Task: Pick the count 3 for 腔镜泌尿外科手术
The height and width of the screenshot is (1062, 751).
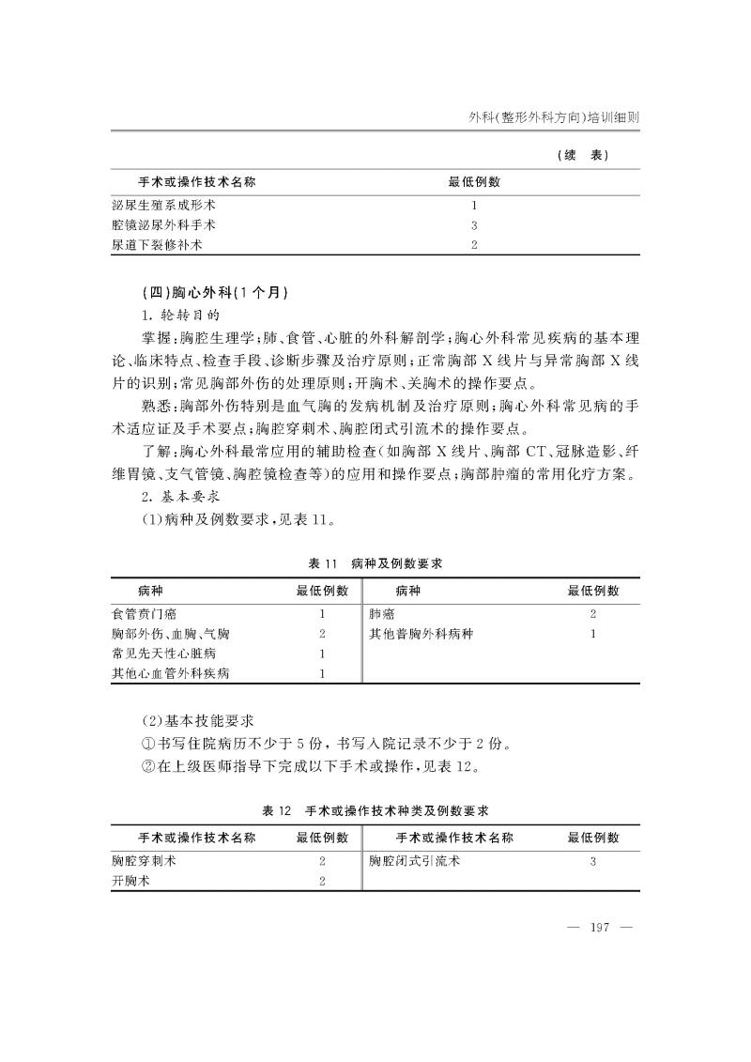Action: click(x=475, y=225)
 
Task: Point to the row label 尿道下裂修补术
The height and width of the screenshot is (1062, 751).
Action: click(x=158, y=245)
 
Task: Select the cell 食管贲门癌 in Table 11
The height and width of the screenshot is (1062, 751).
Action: click(x=145, y=613)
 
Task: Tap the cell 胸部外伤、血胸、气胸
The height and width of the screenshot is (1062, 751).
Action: click(x=171, y=634)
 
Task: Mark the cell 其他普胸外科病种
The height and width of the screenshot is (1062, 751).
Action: click(x=421, y=634)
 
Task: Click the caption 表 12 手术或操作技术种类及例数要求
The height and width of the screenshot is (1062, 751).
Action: click(x=375, y=809)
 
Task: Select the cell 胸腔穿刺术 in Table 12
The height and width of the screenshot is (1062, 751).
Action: click(x=145, y=860)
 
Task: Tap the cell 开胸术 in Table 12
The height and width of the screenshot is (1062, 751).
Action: click(x=131, y=881)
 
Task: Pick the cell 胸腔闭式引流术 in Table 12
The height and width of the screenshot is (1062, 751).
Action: click(x=415, y=860)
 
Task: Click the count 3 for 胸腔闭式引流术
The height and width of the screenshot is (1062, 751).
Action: click(x=593, y=860)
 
